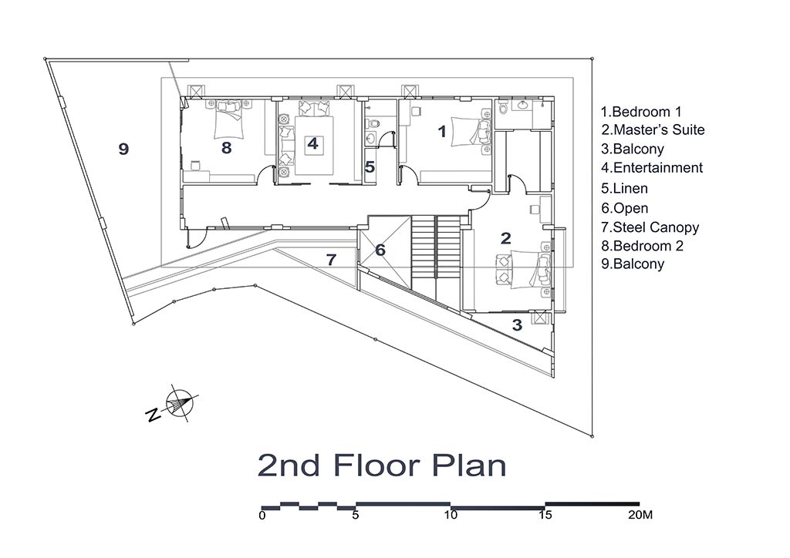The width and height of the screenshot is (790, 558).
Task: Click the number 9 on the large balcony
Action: click(123, 149)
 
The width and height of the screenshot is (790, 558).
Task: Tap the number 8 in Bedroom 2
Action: click(226, 147)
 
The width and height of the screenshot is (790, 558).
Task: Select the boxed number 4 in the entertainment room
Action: click(312, 144)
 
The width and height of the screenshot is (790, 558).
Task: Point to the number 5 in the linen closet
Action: click(370, 167)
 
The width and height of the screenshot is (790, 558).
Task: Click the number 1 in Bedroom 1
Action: click(442, 131)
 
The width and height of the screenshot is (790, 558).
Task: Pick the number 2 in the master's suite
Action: click(506, 238)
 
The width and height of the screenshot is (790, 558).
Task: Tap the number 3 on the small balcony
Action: click(517, 325)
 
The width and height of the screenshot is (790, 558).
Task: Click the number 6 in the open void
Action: click(380, 250)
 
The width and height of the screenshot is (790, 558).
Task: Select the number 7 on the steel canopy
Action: click(331, 260)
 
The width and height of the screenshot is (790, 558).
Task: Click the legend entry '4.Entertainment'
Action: click(651, 167)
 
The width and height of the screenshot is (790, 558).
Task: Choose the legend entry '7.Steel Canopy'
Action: click(650, 227)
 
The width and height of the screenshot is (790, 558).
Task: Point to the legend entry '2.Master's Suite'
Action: click(653, 129)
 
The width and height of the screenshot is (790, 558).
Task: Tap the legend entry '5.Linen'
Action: click(624, 189)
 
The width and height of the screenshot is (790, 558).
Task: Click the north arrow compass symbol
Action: click(178, 404)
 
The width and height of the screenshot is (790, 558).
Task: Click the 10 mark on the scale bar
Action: click(451, 515)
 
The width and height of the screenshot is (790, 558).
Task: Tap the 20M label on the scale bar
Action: click(640, 515)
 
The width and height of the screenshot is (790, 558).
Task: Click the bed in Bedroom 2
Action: click(229, 119)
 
